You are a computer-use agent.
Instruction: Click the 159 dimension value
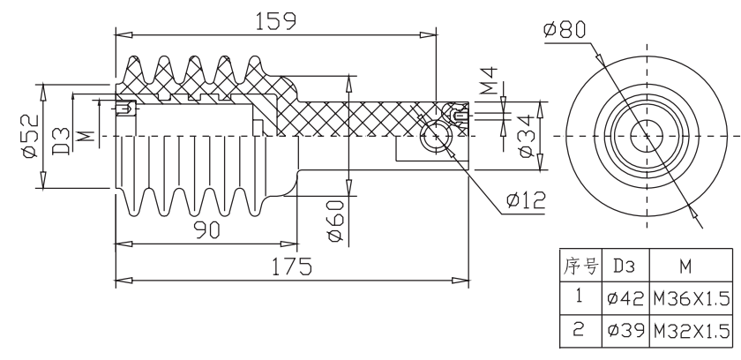[275, 21]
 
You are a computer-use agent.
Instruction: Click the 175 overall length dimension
[292, 266]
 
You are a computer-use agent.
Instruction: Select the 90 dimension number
[207, 230]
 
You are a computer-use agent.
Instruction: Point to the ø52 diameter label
[30, 136]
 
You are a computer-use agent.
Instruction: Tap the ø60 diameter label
[335, 221]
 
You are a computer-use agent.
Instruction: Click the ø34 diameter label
[527, 137]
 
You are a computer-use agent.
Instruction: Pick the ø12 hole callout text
[526, 200]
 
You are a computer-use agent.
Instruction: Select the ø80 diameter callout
[565, 29]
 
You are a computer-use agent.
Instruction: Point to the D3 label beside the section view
[61, 141]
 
